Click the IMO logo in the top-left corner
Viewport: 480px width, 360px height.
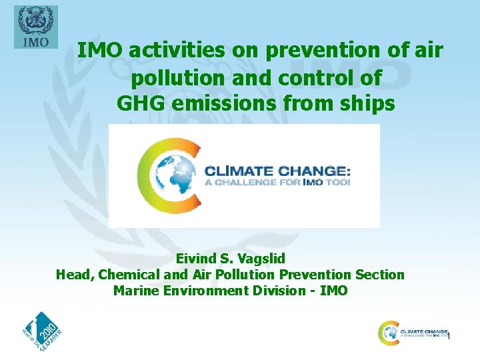coord(35,27)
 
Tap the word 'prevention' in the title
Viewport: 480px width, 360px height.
coord(305,50)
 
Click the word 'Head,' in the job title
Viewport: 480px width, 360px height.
coord(75,275)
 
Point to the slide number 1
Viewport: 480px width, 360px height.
coord(449,337)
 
